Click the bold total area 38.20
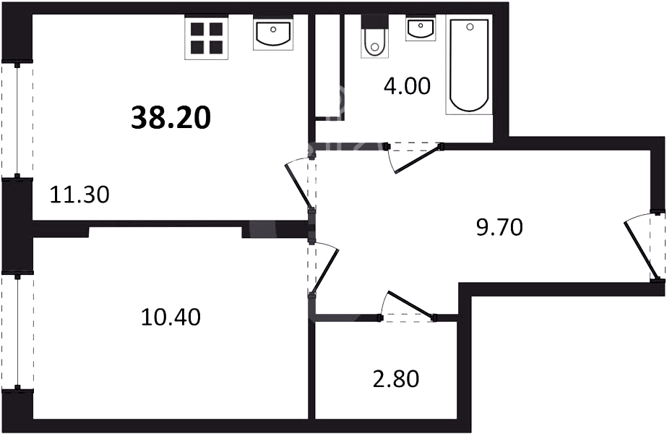(x=171, y=118)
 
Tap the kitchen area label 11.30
(x=79, y=195)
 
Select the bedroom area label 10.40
(x=171, y=317)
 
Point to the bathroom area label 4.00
(x=407, y=87)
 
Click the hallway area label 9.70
(x=499, y=227)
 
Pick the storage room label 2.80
(x=396, y=378)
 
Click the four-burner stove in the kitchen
(x=206, y=38)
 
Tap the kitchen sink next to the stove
(x=273, y=33)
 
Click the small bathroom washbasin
(x=421, y=28)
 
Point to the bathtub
(x=469, y=64)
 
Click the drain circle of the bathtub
(x=470, y=27)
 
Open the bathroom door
(x=415, y=158)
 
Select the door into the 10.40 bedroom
(x=324, y=269)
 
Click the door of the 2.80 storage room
(x=408, y=306)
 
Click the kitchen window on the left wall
(x=17, y=120)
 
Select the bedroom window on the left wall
(x=17, y=331)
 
